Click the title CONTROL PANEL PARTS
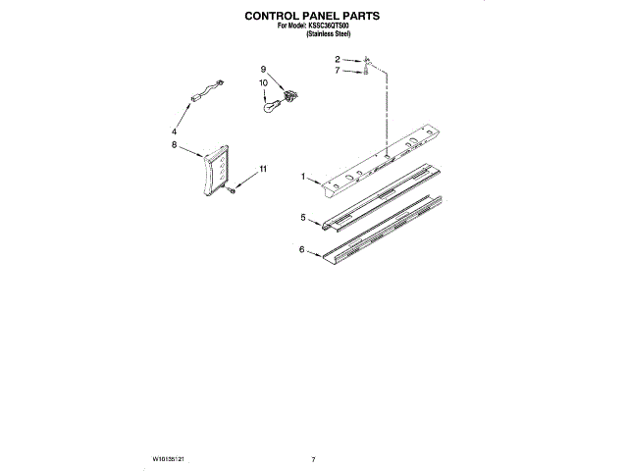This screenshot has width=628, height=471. [313, 17]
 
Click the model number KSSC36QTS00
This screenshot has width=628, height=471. [330, 26]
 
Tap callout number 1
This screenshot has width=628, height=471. [304, 178]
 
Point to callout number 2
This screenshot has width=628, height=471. [337, 60]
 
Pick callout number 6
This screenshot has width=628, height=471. [302, 250]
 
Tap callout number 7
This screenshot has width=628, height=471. [337, 71]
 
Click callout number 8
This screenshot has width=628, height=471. [174, 144]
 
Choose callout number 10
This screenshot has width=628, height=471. [263, 83]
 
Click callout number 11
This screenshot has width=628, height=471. [262, 170]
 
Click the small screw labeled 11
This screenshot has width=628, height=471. [231, 190]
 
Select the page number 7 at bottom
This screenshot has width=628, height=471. [313, 458]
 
